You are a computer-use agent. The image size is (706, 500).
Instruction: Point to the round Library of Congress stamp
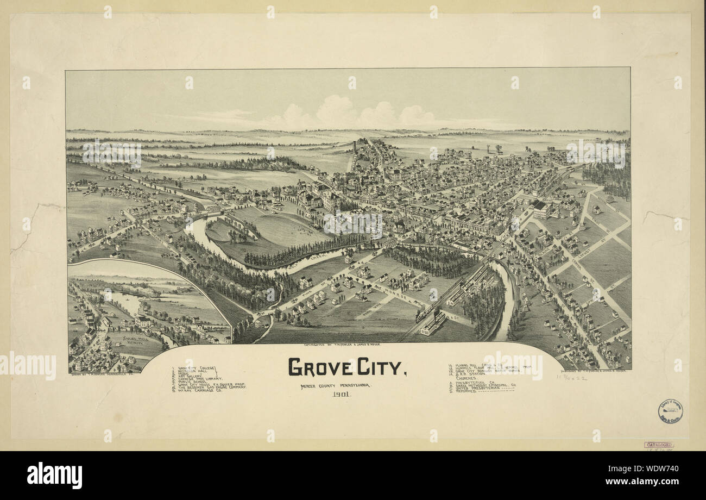click(x=670, y=411)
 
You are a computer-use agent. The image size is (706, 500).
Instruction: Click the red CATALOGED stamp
click(x=658, y=445)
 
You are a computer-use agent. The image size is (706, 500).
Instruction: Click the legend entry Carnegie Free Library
click(x=204, y=379)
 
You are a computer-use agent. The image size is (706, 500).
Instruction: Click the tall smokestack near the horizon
click(x=354, y=147)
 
